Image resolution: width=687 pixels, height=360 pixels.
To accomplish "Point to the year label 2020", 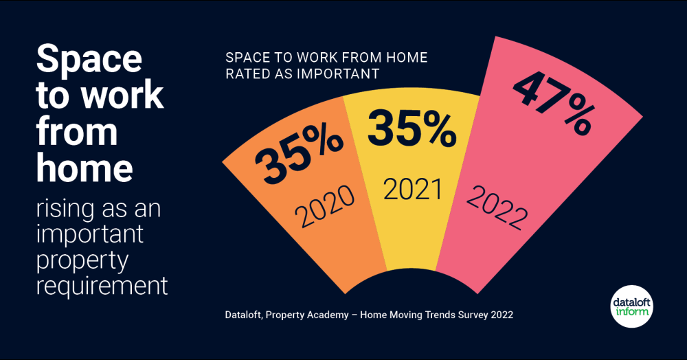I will [x=325, y=206].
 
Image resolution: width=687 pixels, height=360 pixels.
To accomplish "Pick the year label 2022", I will [x=496, y=207].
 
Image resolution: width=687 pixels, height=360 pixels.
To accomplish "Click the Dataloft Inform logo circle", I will [x=632, y=306].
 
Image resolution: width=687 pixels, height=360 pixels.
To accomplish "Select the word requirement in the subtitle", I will [x=102, y=285].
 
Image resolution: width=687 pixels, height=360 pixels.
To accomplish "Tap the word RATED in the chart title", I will [x=247, y=74].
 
